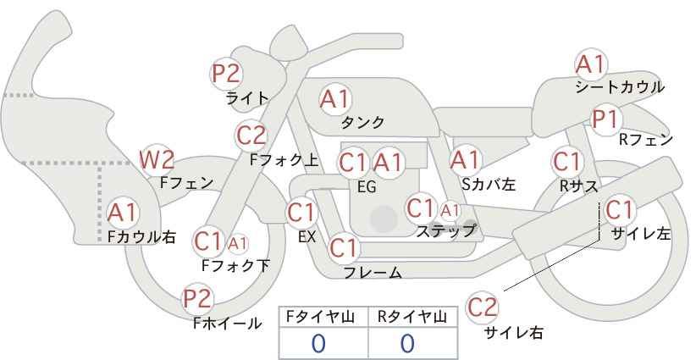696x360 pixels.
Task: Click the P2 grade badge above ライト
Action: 226,74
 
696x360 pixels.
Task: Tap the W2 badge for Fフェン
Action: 157,158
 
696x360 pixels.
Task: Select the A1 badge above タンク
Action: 334,99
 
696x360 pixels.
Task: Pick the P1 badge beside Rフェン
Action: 605,119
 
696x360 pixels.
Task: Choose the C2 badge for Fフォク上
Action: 251,135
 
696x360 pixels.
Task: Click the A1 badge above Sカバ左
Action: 465,158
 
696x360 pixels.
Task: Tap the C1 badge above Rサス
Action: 566,161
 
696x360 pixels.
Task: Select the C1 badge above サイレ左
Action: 618,209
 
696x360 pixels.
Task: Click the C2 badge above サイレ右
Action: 483,307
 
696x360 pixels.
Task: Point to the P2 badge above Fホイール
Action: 198,298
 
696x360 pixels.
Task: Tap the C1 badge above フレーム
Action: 344,248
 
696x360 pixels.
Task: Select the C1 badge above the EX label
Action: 301,212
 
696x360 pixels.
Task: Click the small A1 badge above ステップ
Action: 450,209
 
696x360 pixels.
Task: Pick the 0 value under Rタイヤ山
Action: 407,343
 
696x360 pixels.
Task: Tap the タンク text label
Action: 363,122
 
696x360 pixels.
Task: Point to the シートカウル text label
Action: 619,86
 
